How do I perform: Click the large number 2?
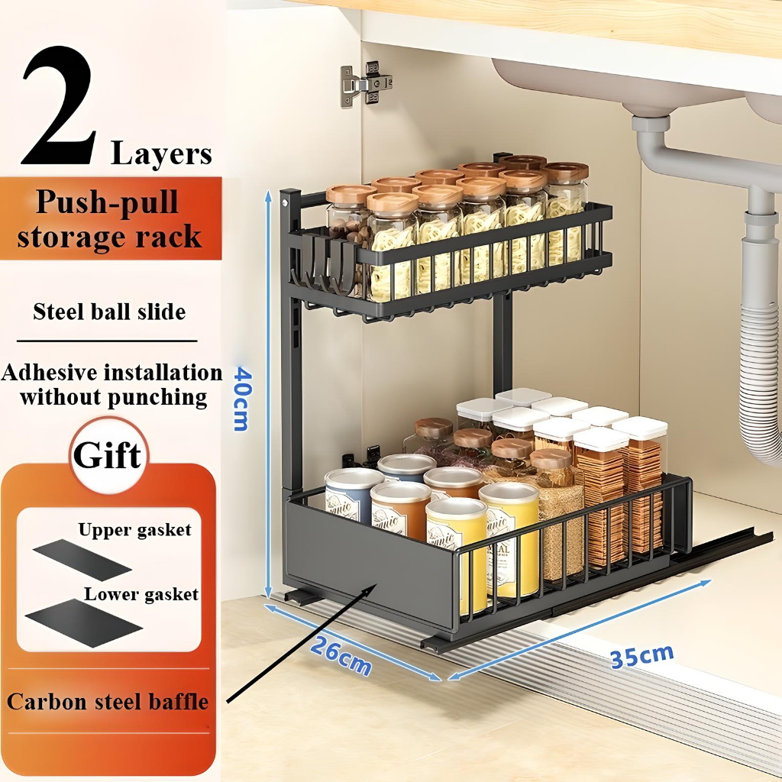coord(60,107)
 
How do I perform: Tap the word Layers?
coord(161,153)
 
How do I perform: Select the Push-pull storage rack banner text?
coord(109,219)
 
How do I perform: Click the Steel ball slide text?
coord(109,312)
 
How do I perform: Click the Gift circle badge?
coord(108,456)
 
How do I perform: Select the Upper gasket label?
coord(134,530)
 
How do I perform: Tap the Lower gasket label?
coord(141,594)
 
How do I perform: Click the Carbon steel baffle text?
coord(108,701)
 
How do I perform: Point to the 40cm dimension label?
coord(242,398)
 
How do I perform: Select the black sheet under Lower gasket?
coord(82,622)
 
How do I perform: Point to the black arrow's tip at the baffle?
coord(376,586)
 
